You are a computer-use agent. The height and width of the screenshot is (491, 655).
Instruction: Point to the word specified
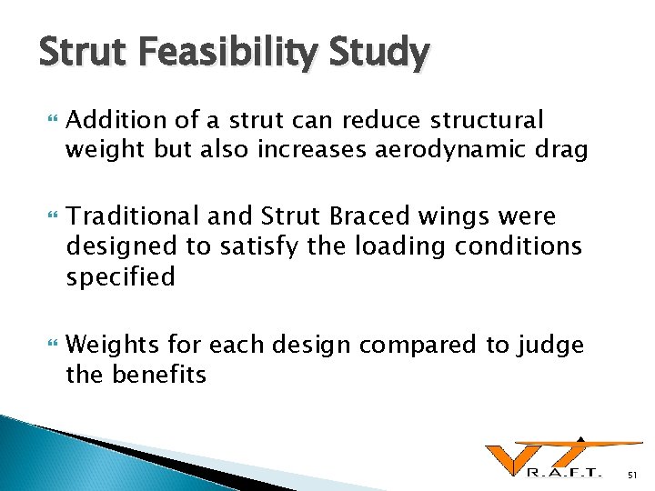tap(120, 276)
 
